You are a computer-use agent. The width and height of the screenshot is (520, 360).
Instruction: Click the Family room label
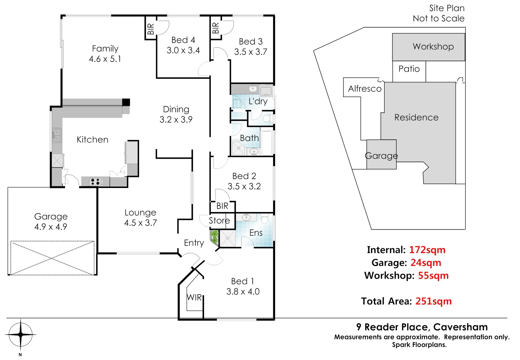(x=105, y=49)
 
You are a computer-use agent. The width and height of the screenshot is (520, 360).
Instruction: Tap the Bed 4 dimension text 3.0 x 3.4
(x=183, y=50)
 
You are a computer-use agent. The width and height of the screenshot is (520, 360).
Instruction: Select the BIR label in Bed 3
(x=215, y=27)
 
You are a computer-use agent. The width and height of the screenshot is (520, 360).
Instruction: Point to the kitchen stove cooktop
(x=95, y=182)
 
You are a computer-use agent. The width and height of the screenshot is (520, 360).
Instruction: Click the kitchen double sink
(x=57, y=135)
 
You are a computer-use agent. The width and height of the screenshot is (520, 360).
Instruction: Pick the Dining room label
(x=176, y=109)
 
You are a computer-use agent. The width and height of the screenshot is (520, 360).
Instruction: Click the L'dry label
(x=258, y=101)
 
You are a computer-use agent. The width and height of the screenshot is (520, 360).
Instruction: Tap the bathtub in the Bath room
(x=267, y=143)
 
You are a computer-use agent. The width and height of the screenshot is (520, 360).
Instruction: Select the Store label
(x=219, y=221)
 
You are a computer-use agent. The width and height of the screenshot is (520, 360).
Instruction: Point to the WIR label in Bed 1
(x=194, y=297)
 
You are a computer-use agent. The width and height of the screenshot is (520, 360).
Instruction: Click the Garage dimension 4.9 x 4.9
(x=51, y=227)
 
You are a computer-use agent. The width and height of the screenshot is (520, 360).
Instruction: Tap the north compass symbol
(x=21, y=334)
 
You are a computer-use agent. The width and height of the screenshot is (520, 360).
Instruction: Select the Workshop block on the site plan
(x=429, y=47)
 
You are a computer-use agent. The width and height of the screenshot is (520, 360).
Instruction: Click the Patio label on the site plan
(x=409, y=69)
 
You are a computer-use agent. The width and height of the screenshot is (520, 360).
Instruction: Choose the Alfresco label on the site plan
(x=365, y=89)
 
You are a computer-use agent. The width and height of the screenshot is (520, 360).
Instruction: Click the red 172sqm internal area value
(x=427, y=250)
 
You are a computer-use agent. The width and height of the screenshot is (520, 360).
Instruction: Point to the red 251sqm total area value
(x=433, y=301)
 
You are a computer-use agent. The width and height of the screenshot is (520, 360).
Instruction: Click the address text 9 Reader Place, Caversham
(x=422, y=327)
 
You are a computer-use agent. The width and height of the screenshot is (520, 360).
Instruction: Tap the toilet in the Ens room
(x=265, y=219)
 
